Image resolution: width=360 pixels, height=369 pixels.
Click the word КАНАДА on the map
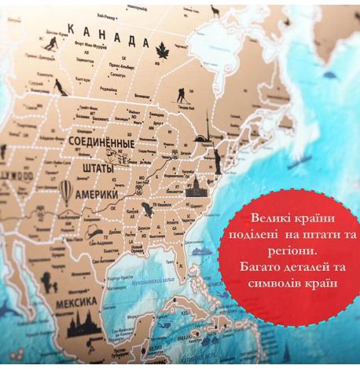(x=108, y=35)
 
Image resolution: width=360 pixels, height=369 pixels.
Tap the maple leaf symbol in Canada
(x=163, y=50)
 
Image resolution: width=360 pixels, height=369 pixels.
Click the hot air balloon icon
(x=67, y=191)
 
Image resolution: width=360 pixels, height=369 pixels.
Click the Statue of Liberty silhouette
(x=215, y=161)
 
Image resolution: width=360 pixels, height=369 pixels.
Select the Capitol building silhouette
(x=195, y=185)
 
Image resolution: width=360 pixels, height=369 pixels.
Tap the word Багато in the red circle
(x=261, y=265)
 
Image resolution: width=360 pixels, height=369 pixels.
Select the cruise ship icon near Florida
(x=201, y=252)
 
